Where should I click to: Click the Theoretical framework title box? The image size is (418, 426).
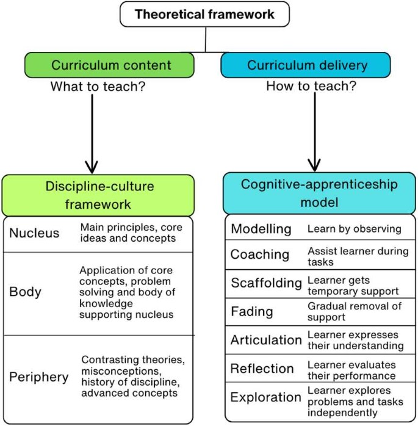205,14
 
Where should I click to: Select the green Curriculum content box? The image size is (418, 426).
110,65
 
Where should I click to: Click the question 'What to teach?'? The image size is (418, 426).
98,87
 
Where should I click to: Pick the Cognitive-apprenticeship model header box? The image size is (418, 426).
319,192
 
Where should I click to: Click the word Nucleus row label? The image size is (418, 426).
34,233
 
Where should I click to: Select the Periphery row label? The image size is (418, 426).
38,377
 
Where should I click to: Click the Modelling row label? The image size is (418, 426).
261,229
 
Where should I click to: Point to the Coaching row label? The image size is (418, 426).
260,255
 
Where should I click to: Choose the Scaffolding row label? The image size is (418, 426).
266,283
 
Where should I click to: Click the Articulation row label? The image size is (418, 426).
266,340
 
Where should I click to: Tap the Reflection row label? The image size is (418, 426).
262,369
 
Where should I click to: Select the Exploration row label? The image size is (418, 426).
265,397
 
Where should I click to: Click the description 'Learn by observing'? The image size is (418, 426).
354,229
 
